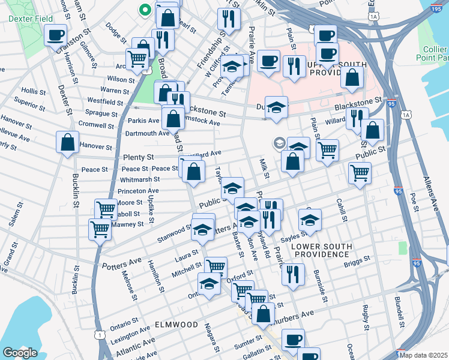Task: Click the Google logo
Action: pyautogui.click(x=20, y=353)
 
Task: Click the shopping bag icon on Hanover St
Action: pyautogui.click(x=67, y=143)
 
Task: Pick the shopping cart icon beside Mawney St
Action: pyautogui.click(x=100, y=229)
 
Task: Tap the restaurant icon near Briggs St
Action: pyautogui.click(x=292, y=274)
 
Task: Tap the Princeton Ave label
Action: pyautogui.click(x=137, y=191)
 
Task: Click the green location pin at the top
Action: pyautogui.click(x=144, y=10)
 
